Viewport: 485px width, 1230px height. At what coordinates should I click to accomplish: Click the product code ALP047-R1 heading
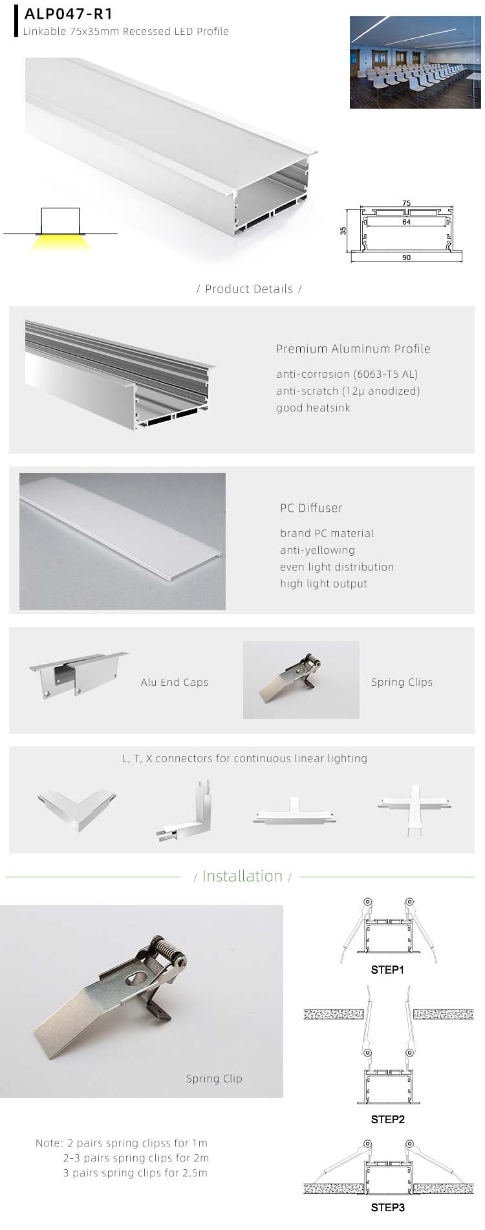(68, 14)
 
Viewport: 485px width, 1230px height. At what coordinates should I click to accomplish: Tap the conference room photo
(416, 62)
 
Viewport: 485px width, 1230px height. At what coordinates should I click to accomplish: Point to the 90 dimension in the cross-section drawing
(406, 258)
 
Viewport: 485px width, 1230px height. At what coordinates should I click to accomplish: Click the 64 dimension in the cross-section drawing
(406, 222)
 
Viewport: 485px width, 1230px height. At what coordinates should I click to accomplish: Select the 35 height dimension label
(343, 230)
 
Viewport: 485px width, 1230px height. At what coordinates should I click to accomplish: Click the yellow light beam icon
(60, 243)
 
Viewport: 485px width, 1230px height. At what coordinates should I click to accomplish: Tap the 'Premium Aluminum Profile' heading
(353, 349)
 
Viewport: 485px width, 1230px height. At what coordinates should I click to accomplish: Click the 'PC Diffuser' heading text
(311, 508)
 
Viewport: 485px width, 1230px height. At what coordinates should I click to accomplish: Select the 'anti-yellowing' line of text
(317, 550)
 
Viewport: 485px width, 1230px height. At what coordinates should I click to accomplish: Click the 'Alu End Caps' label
(175, 682)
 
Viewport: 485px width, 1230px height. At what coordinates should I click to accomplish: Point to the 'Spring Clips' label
(402, 682)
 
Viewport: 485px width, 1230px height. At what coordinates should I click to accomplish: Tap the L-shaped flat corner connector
(77, 808)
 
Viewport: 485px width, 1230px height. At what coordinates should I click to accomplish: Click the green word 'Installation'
(242, 876)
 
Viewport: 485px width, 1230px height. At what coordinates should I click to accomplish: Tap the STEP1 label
(387, 970)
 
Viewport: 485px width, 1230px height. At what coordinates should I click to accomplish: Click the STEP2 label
(387, 1119)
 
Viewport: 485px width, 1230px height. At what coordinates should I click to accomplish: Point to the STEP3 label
(387, 1207)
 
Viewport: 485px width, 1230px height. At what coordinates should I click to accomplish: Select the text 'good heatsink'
(313, 408)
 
